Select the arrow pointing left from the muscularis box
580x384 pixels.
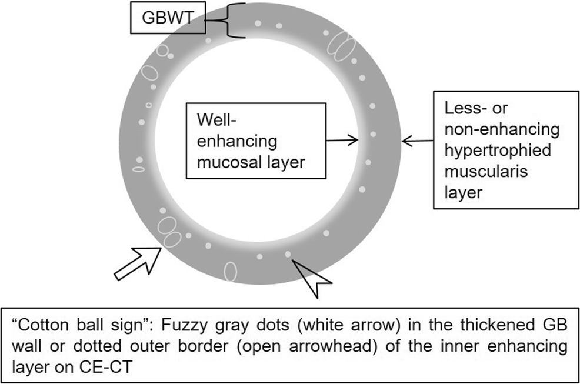418,140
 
